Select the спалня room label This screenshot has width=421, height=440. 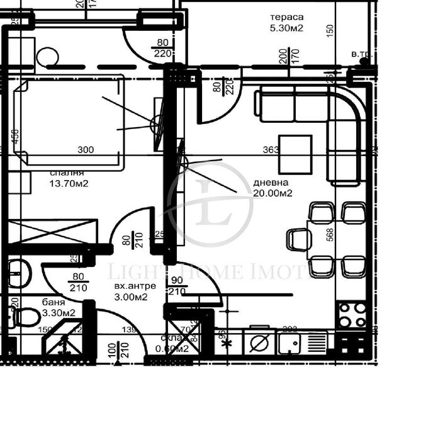click(x=67, y=173)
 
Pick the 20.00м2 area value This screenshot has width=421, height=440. click(x=273, y=193)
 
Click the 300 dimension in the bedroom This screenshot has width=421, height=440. click(x=86, y=150)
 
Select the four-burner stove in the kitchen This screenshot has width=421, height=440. click(x=352, y=315)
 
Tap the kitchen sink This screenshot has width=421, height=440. click(x=290, y=343)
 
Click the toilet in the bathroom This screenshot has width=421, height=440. click(x=26, y=316)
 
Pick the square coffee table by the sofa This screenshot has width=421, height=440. click(x=296, y=154)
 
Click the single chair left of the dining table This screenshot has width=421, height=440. click(x=299, y=239)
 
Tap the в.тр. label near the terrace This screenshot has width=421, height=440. click(x=362, y=54)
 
